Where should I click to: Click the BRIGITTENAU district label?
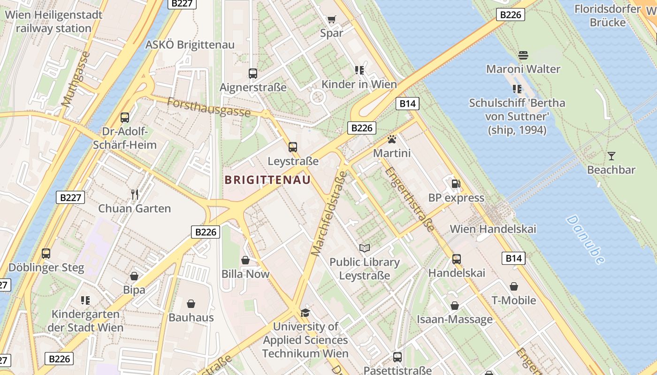(x=267, y=180)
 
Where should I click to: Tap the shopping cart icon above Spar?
(x=332, y=19)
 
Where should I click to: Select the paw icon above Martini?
(x=391, y=139)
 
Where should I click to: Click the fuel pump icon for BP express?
(x=456, y=183)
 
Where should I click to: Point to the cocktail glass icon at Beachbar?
(x=611, y=156)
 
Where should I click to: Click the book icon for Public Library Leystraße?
(x=365, y=248)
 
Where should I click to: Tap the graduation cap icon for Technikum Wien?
(x=306, y=313)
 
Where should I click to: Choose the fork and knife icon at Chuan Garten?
(x=135, y=195)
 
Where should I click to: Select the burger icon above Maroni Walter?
(x=523, y=55)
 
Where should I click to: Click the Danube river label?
(x=585, y=239)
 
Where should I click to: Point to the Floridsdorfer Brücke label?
(x=607, y=15)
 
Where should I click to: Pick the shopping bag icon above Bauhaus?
(x=191, y=304)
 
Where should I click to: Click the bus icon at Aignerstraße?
(x=253, y=74)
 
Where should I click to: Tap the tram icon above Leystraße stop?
(x=293, y=147)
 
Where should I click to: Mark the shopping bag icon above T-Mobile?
(x=514, y=286)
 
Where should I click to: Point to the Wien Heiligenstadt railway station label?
(x=53, y=22)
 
